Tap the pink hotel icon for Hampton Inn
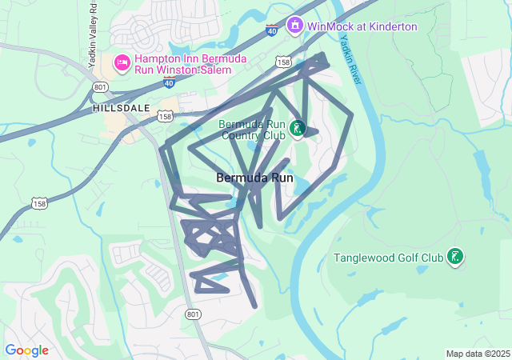click(122, 61)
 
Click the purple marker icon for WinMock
click(295, 26)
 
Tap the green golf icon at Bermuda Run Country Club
click(297, 128)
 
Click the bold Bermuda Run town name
click(254, 178)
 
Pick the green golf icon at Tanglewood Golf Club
click(454, 256)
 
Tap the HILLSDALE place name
click(121, 106)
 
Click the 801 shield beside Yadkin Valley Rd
click(99, 86)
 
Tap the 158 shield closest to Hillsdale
click(166, 116)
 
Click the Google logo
click(26, 350)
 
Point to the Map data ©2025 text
click(478, 354)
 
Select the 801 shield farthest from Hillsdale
click(193, 314)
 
